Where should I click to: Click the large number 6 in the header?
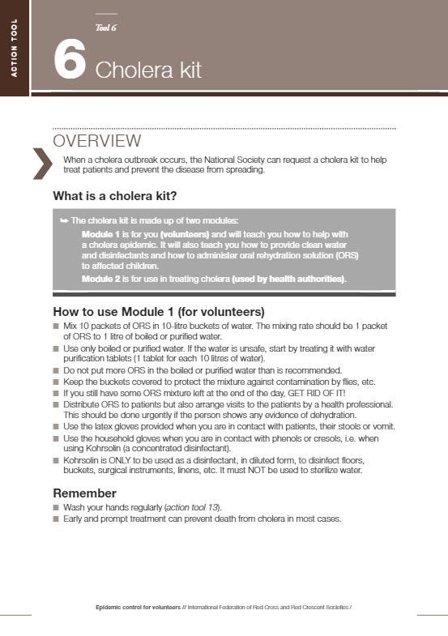click(x=70, y=62)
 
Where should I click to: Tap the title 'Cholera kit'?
click(x=148, y=70)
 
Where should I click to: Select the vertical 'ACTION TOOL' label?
click(x=13, y=49)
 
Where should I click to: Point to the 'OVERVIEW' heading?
click(x=96, y=142)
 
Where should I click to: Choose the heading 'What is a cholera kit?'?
click(x=114, y=195)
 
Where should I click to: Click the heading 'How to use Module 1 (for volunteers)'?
click(x=159, y=312)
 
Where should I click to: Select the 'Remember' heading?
click(x=84, y=493)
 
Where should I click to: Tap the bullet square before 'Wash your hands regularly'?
click(x=56, y=507)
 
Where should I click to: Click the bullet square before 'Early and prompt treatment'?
click(x=56, y=519)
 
